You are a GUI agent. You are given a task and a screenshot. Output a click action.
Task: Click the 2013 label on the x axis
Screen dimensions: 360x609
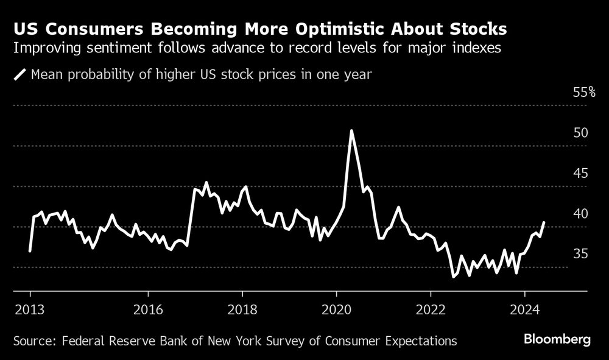[30, 308]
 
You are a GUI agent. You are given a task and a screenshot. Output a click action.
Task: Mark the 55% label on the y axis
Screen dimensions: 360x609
[584, 93]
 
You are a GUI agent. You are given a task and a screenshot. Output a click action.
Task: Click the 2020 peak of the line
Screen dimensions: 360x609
[351, 130]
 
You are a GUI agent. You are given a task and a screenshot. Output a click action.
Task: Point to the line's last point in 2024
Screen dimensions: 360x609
[543, 222]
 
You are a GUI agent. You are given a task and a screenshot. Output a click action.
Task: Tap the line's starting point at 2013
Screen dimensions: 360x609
[30, 251]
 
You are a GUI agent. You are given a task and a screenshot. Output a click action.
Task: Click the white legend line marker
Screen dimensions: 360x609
[21, 75]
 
